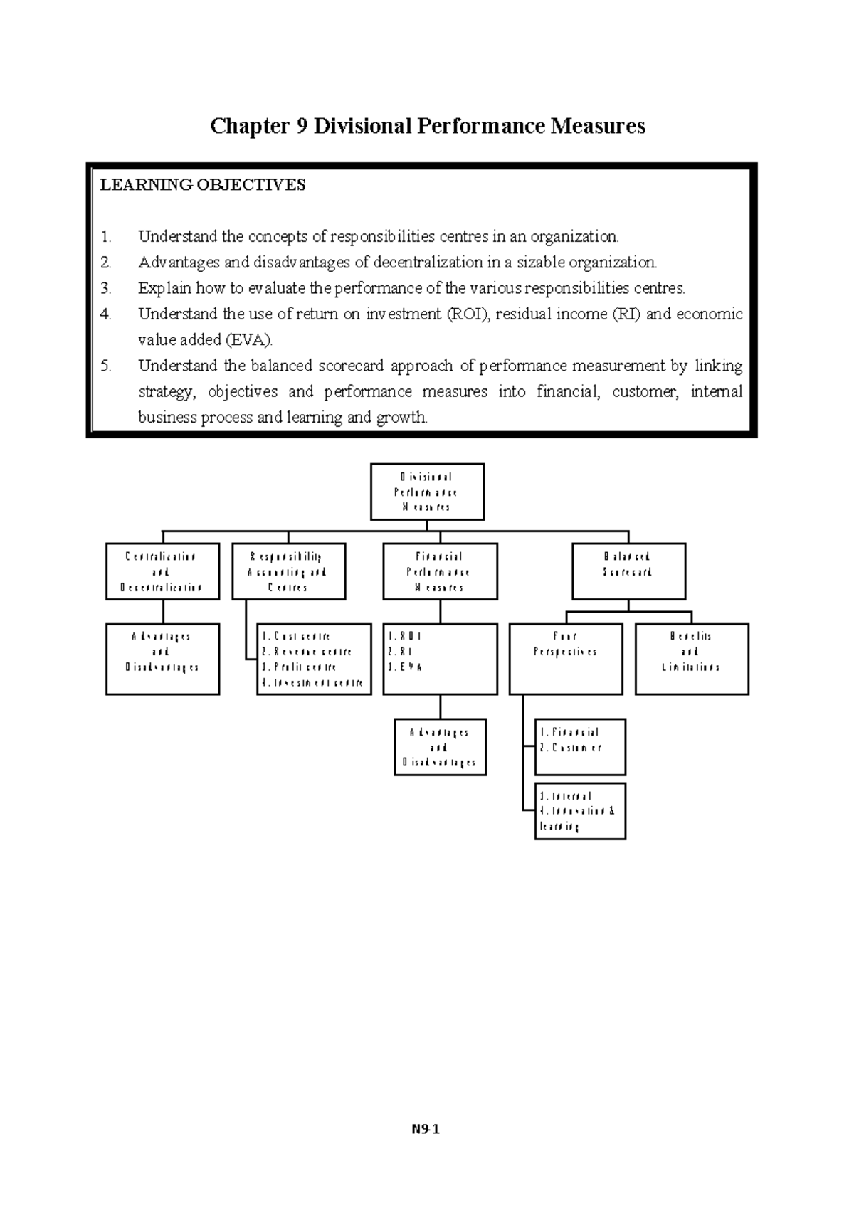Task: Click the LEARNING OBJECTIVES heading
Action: [x=203, y=185]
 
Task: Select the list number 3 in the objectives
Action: [x=106, y=289]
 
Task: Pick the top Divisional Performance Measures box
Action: [x=427, y=492]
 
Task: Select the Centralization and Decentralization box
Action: [x=162, y=571]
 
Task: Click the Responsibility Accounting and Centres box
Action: [x=288, y=571]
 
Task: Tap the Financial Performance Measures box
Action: [x=440, y=571]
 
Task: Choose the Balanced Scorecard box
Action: [x=628, y=571]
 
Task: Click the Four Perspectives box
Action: [x=566, y=659]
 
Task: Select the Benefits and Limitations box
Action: [x=692, y=659]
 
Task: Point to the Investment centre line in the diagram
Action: [x=313, y=683]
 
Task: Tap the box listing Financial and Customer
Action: [x=580, y=746]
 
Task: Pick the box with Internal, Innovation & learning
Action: [x=580, y=811]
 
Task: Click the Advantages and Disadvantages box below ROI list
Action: [x=440, y=747]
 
